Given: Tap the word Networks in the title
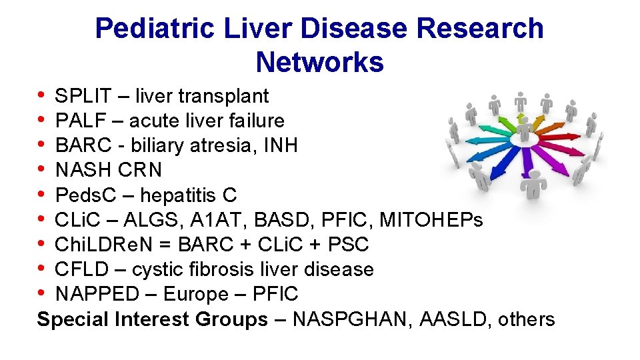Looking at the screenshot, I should pyautogui.click(x=319, y=62).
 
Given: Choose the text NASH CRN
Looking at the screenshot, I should pyautogui.click(x=108, y=170).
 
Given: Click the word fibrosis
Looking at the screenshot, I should pyautogui.click(x=201, y=269).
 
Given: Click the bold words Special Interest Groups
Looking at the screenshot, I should pyautogui.click(x=152, y=319).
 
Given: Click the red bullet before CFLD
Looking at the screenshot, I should pyautogui.click(x=43, y=269).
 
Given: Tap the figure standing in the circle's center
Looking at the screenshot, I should pyautogui.click(x=525, y=127).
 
